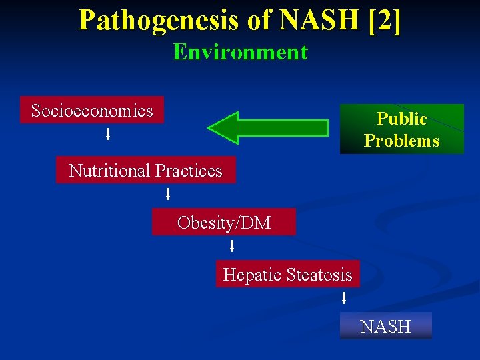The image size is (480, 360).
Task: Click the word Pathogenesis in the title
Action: (157, 20)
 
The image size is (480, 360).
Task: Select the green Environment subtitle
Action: (240, 52)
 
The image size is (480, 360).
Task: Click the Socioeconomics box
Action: (92, 111)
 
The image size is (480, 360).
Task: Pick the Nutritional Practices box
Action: (145, 171)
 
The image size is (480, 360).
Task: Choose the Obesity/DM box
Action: (224, 223)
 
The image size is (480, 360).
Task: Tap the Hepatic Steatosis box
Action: (287, 274)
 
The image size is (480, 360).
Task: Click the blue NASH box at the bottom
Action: (385, 326)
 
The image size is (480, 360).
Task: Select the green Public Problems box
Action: (401, 129)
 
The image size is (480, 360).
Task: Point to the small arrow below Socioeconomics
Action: (108, 135)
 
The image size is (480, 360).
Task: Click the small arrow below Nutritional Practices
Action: (168, 194)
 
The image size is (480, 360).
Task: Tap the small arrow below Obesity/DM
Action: (232, 247)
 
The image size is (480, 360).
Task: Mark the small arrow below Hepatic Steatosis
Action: (344, 297)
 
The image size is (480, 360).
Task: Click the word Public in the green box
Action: (401, 119)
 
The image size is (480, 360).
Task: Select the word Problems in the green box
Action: (401, 141)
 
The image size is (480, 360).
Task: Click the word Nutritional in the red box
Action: (109, 171)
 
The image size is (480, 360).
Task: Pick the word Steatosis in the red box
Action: (318, 274)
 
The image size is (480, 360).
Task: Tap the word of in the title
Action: (259, 20)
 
